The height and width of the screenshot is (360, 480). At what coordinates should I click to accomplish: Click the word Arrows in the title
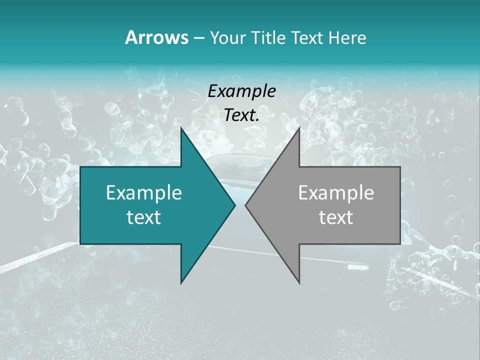tap(156, 37)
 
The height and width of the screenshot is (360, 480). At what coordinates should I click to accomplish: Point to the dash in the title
tap(198, 38)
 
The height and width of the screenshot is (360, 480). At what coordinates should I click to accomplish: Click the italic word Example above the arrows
tap(241, 91)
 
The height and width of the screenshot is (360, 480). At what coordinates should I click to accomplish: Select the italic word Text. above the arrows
tap(241, 115)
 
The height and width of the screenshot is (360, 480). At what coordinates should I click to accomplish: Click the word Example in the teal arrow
tap(144, 192)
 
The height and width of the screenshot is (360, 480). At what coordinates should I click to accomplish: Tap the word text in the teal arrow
tap(144, 217)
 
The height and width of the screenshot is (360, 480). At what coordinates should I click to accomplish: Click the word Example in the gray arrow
tap(336, 192)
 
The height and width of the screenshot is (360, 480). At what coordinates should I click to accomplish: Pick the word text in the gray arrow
tap(336, 217)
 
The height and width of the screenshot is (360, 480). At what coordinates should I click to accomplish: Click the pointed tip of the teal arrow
tap(235, 205)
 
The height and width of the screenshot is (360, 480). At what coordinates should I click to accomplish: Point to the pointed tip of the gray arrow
tap(245, 205)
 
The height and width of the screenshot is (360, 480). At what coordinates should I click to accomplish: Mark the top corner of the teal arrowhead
tap(181, 128)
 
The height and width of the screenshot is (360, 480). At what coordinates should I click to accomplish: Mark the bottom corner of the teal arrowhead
tap(181, 283)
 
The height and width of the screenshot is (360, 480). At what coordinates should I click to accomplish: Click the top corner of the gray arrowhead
tap(299, 128)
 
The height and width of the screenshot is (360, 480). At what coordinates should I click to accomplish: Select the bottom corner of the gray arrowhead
tap(299, 283)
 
